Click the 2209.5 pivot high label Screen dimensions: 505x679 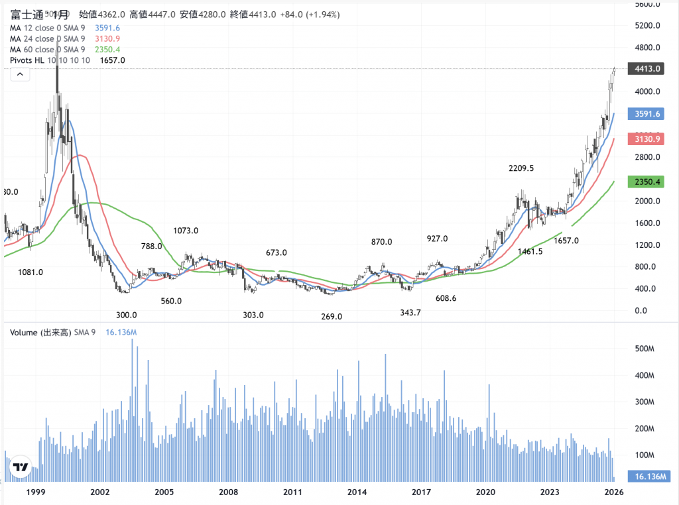(x=521, y=168)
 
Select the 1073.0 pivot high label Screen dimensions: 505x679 (x=186, y=231)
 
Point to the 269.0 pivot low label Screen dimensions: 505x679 (x=331, y=317)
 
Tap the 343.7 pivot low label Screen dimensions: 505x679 (x=410, y=312)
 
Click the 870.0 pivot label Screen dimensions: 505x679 (x=381, y=242)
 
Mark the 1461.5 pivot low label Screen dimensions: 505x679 (x=530, y=252)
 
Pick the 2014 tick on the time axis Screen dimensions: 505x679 (x=357, y=492)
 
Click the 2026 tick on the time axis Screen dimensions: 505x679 (x=613, y=492)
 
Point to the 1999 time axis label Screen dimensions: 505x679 (x=35, y=492)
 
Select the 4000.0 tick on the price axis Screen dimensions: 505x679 (x=648, y=91)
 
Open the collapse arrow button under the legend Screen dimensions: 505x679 (x=20, y=75)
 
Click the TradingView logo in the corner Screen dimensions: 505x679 (x=21, y=468)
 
